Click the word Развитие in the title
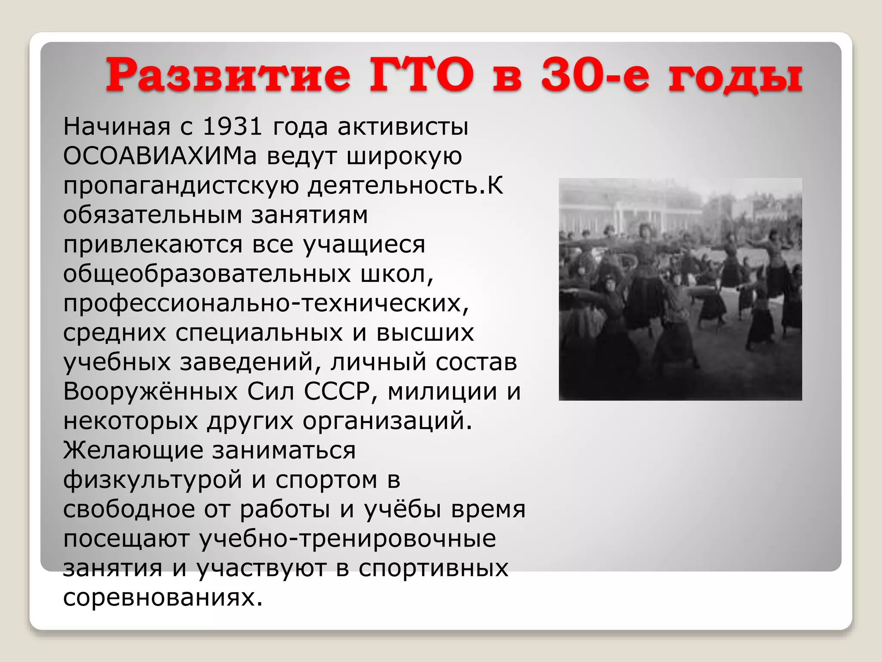pos(228,75)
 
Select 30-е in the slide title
pos(594,75)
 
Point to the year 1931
pos(232,127)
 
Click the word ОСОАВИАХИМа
pos(160,156)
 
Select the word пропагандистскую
pos(181,186)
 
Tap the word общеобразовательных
pos(207,274)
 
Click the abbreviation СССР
pos(337,392)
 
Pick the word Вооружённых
pos(150,392)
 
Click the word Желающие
pos(133,451)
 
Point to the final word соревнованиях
pos(163,598)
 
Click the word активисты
pos(403,127)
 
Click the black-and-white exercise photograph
pos(680,289)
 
